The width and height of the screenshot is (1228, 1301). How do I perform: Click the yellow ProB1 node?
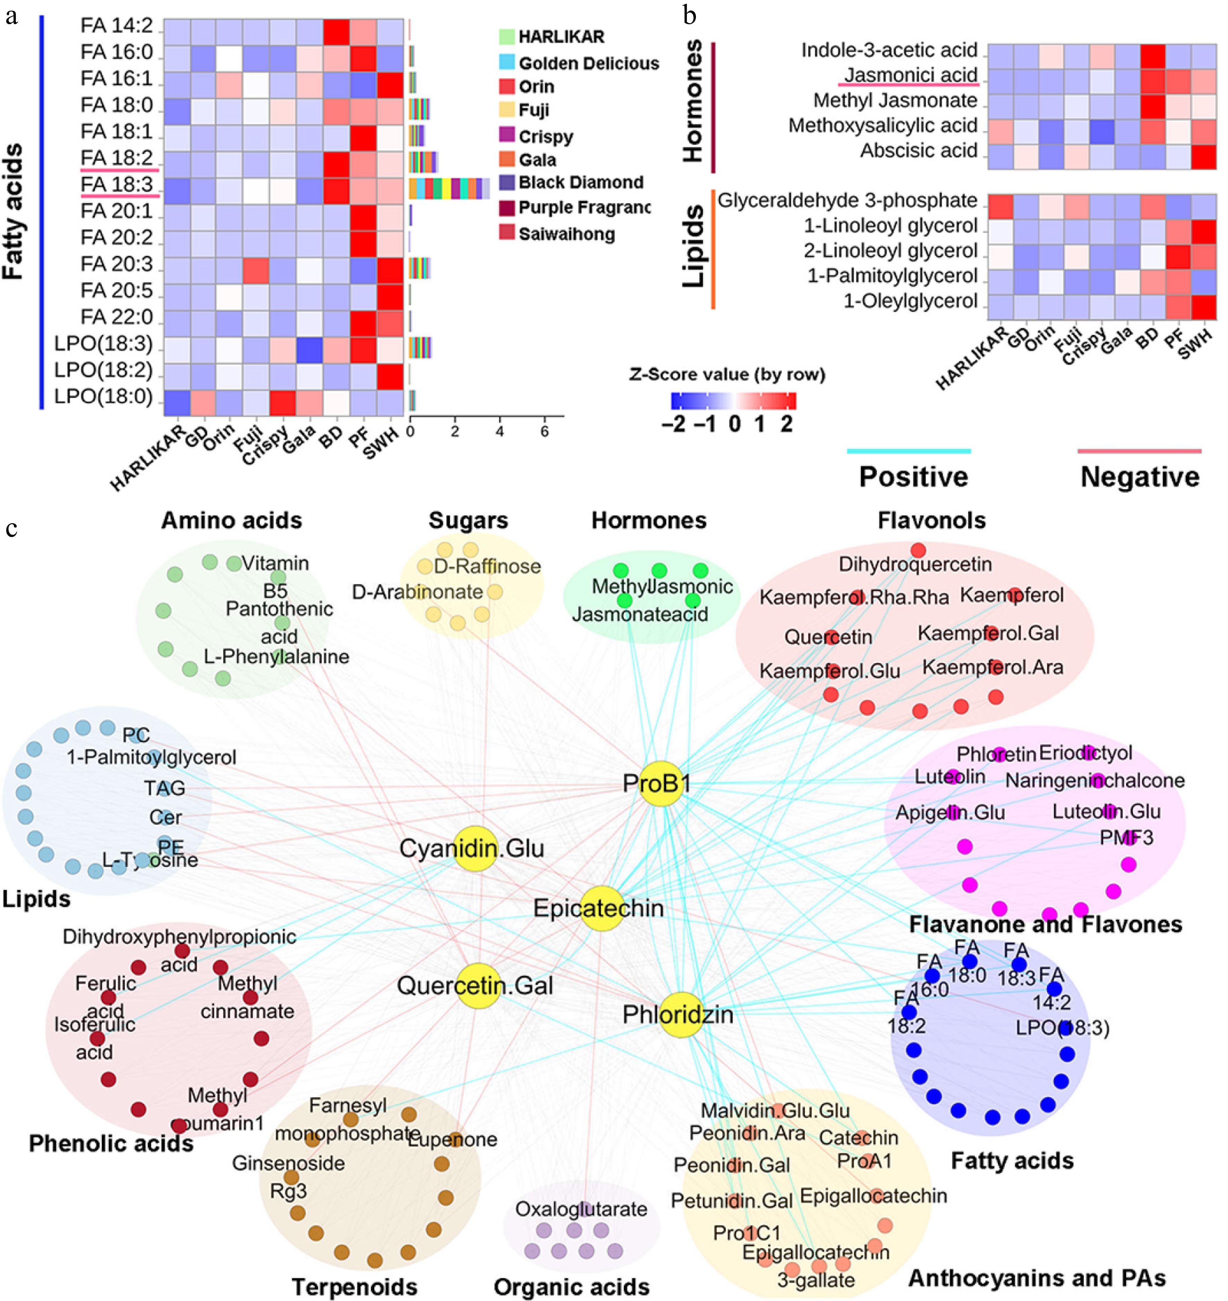pos(661,784)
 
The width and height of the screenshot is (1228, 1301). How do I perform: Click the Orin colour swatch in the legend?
pos(507,86)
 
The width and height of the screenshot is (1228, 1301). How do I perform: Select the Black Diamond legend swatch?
pos(507,182)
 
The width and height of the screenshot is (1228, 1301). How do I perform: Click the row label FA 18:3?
pos(116,185)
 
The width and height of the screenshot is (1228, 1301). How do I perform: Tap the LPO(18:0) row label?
pos(103,397)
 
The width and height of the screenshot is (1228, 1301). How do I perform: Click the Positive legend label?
pos(913,477)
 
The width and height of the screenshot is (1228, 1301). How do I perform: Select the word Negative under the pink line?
pos(1140,477)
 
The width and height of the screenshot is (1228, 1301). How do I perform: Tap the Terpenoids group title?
pos(354,1286)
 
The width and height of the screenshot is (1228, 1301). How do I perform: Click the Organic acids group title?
pos(572,1286)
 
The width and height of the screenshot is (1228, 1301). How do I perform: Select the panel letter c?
pos(12,528)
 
